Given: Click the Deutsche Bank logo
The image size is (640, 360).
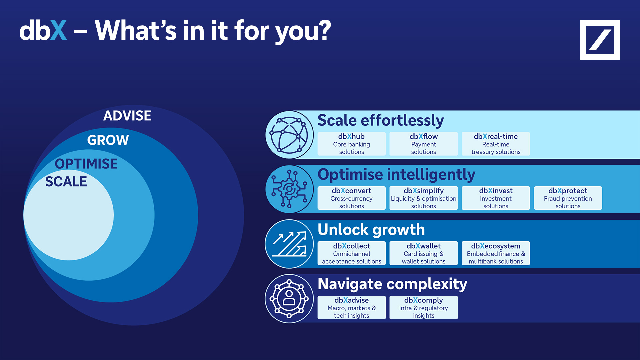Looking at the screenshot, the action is click(600, 40).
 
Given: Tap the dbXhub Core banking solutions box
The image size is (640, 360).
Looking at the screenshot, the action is click(351, 144).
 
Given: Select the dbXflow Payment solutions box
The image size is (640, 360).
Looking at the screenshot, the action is click(423, 144).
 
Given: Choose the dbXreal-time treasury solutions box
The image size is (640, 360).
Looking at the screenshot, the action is click(496, 144).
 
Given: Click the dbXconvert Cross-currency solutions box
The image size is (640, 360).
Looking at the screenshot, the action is click(351, 198).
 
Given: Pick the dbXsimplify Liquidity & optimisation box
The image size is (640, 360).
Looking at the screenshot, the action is click(423, 198).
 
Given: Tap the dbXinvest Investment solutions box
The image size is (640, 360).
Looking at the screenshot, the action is click(496, 198).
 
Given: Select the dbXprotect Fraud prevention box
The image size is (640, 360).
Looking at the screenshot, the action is click(568, 198).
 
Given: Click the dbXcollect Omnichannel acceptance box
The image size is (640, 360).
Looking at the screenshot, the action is click(351, 253).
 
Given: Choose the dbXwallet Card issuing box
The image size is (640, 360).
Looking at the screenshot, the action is click(423, 253).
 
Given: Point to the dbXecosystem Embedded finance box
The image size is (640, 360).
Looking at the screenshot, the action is click(496, 253).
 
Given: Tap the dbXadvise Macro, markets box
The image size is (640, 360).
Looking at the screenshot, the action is click(351, 307).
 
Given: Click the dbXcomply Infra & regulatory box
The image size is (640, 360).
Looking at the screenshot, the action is click(423, 307).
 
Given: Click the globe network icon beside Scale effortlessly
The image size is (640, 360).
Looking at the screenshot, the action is click(289, 135).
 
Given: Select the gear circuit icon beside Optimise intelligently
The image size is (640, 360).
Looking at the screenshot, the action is click(289, 189).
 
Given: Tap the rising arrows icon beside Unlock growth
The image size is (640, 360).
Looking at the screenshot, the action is click(289, 244).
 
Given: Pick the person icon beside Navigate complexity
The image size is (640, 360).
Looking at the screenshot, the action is click(289, 299).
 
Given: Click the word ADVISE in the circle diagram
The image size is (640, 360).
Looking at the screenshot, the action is click(127, 116).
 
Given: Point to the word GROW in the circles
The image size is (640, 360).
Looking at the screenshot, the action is click(108, 140).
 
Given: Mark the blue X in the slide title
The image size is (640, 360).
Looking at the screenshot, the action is click(59, 30).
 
